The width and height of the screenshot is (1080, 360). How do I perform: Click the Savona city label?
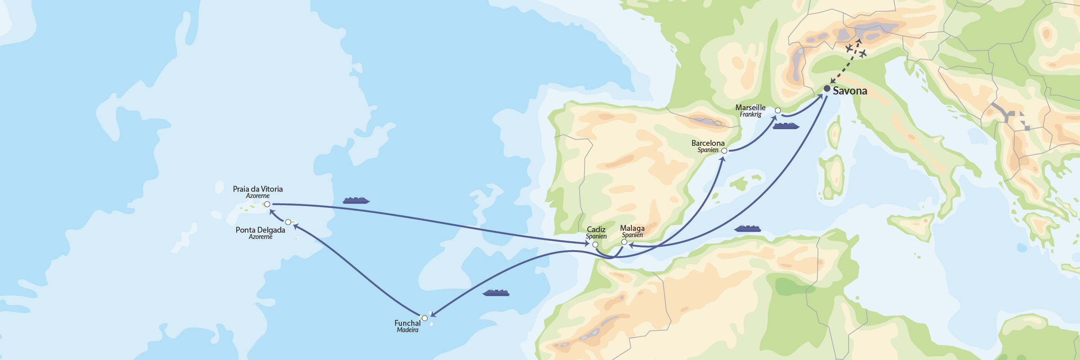850,91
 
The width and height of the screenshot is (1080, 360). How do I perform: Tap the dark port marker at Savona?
827,89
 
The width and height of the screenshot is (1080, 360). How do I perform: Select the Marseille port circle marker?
778,110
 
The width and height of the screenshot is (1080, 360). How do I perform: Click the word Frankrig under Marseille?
751,115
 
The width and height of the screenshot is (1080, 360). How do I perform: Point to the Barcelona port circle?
724,151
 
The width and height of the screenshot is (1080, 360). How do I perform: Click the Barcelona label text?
708,143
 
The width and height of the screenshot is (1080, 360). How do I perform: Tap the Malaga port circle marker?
624,242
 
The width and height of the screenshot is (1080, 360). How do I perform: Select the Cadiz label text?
596,229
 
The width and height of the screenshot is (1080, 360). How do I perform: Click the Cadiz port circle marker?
595,245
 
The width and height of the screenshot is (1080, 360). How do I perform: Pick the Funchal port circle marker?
424,318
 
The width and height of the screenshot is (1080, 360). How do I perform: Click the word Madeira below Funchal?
408,330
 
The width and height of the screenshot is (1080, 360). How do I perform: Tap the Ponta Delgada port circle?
288,222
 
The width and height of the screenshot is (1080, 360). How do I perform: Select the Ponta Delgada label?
260,230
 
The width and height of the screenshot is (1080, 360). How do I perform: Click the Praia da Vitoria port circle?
267,204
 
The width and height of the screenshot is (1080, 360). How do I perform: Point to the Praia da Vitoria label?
258,189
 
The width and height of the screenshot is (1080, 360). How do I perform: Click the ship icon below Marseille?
786,126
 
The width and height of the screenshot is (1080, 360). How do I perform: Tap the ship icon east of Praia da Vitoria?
356,200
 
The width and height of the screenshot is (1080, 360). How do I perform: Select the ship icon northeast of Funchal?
495,293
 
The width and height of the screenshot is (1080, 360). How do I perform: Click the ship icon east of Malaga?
747,229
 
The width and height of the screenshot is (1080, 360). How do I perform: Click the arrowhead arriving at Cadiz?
587,244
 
